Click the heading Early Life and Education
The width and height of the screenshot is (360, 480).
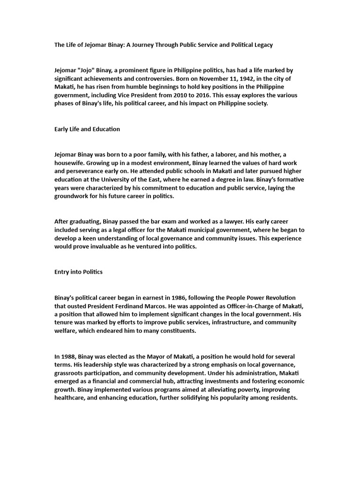tap(87, 129)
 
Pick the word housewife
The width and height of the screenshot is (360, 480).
tap(70, 163)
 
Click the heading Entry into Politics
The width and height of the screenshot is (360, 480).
tap(78, 272)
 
